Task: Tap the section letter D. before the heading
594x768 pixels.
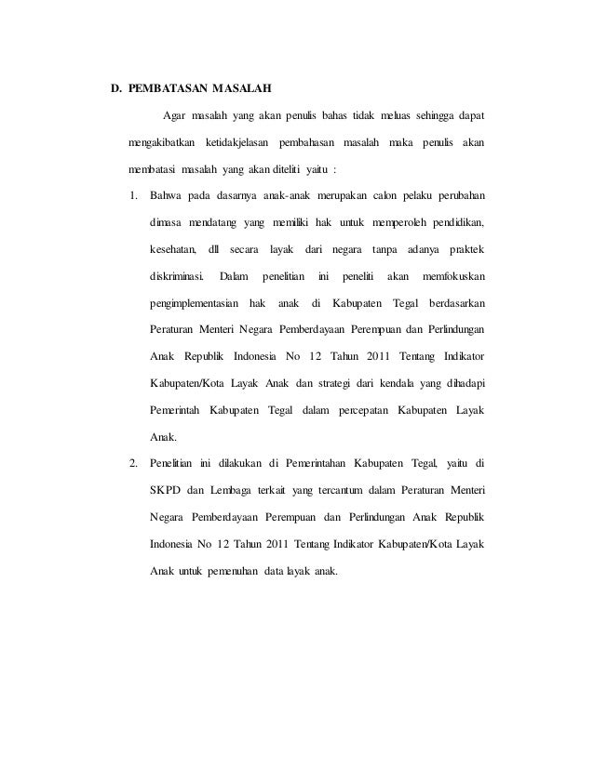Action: [x=116, y=90]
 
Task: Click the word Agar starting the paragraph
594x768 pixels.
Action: [x=174, y=115]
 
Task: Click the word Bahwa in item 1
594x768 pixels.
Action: [x=166, y=195]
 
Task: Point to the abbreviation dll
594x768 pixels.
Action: [x=216, y=249]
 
